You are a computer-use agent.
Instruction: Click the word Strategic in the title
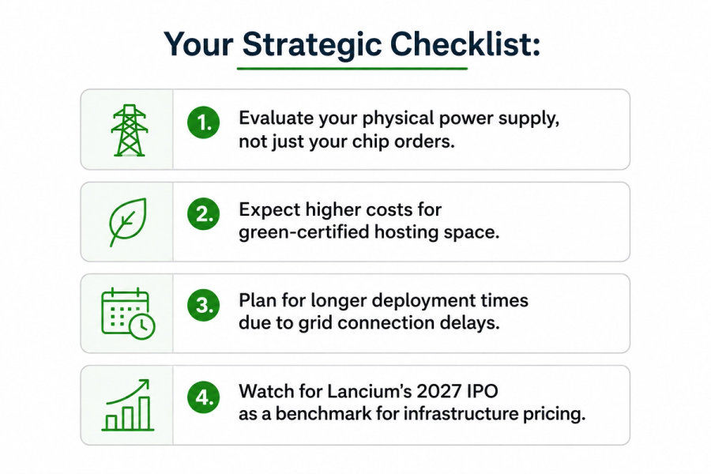coord(312,45)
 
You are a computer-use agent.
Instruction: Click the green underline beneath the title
coord(352,69)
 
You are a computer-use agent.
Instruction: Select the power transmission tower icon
coord(130,130)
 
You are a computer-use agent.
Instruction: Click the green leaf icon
coord(127,222)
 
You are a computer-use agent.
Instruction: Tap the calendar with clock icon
coord(128,314)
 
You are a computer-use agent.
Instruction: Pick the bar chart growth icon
coord(127,405)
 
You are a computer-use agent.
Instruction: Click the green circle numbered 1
coord(204,122)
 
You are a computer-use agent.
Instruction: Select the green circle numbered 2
coord(204,213)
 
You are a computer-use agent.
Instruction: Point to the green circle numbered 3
coord(204,305)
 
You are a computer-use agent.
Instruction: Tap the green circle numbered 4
coord(204,397)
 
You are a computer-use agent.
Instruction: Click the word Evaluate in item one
coord(276,118)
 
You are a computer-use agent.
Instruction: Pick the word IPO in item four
coord(483,391)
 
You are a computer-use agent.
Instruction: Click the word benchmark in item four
coord(323,414)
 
